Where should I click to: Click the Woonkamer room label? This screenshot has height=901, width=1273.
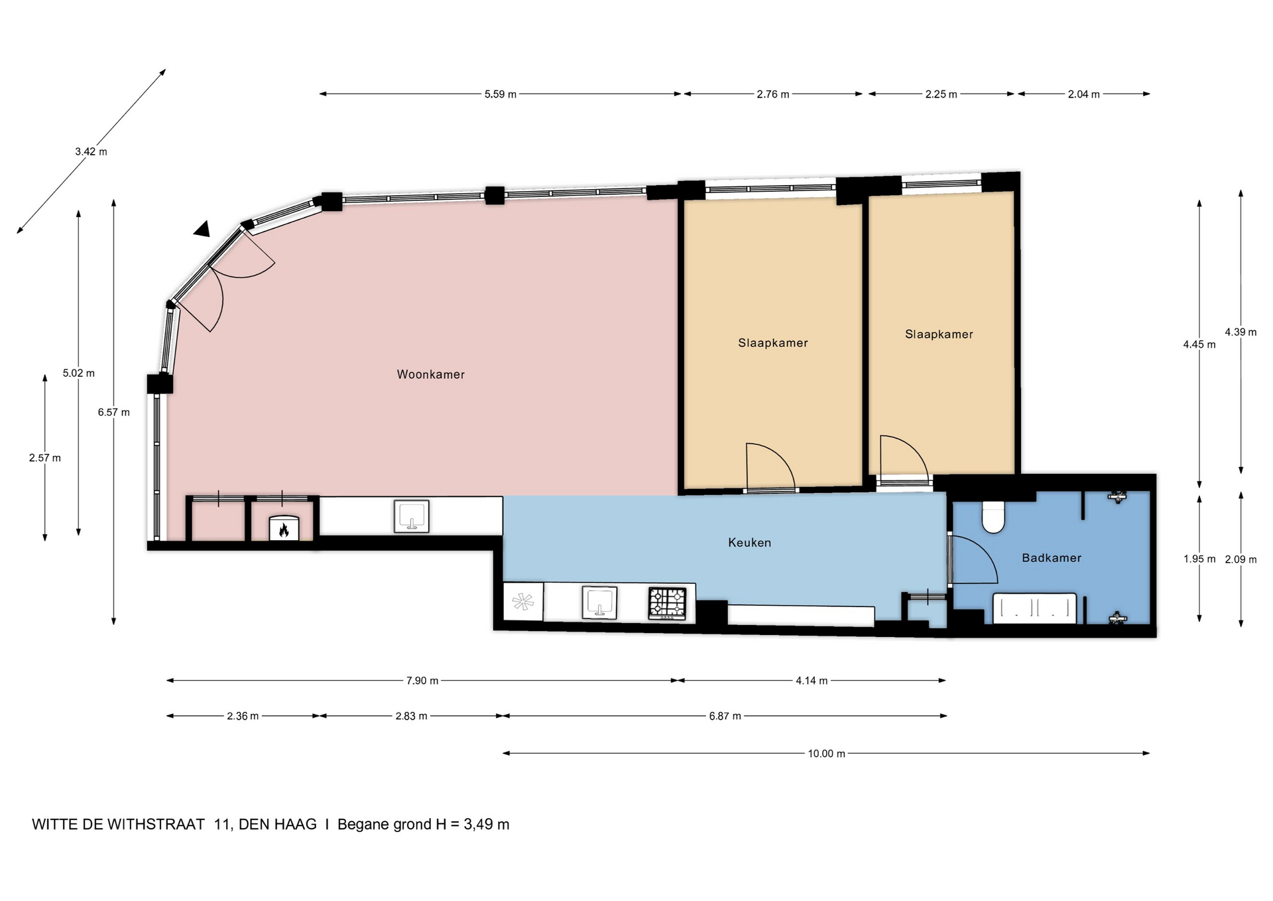tap(431, 374)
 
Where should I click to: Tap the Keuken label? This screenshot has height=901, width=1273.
tap(749, 543)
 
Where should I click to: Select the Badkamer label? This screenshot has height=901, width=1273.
tap(1052, 558)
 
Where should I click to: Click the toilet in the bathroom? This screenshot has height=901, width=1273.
tap(993, 517)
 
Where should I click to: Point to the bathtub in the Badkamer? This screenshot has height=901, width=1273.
tap(1034, 608)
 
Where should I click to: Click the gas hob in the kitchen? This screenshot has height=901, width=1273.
tap(667, 603)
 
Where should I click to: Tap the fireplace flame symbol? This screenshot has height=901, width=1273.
tap(284, 529)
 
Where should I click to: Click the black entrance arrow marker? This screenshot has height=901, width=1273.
tap(202, 229)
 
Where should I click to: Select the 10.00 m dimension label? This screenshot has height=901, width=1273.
tap(826, 754)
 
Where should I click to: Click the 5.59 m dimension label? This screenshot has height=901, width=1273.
tap(500, 94)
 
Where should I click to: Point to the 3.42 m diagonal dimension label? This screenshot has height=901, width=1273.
tap(91, 151)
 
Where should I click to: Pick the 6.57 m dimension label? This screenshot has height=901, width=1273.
tap(114, 412)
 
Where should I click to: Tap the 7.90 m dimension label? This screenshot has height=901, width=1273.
tap(422, 681)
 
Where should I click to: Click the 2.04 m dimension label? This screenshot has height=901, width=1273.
tap(1083, 94)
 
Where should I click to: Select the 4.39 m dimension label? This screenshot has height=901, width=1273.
tap(1241, 332)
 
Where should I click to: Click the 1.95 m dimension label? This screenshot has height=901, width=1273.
tap(1199, 559)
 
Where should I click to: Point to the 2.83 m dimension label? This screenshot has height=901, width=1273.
tap(411, 716)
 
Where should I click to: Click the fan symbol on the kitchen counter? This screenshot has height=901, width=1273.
tap(523, 602)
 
